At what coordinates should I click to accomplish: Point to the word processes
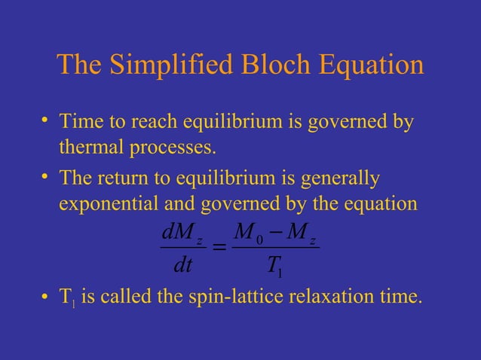point(168,148)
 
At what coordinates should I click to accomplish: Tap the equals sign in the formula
point(219,247)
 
